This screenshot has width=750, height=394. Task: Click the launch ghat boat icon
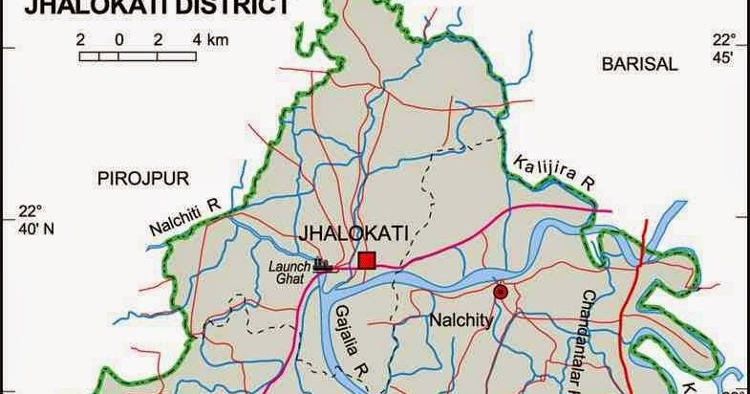(323, 265)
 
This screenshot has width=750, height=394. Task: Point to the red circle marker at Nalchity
(500, 292)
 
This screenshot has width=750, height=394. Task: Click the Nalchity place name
(461, 320)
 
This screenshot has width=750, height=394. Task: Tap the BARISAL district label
(639, 64)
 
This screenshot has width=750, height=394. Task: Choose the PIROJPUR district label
(143, 177)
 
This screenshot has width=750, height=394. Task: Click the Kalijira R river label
(553, 169)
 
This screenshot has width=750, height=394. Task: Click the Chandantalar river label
(584, 339)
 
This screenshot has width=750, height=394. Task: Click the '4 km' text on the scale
(209, 40)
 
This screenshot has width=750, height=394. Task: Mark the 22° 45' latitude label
(723, 48)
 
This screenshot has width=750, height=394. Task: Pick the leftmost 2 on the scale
(82, 40)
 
